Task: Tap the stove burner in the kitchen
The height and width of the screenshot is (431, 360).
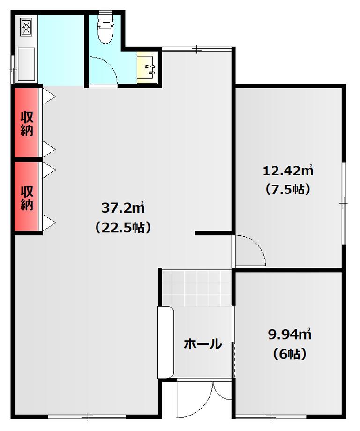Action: coord(26,27)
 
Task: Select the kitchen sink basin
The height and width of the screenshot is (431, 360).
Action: coord(26,64)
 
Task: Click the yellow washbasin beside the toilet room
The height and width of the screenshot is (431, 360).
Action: coord(147,67)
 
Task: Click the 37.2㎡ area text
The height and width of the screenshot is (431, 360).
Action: coord(123,208)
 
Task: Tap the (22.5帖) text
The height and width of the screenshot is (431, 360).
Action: coord(123,227)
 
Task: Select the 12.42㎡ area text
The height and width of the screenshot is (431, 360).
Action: coord(288,171)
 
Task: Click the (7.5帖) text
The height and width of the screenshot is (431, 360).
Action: coord(288,190)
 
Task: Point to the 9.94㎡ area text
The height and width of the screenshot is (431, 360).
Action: coord(289,334)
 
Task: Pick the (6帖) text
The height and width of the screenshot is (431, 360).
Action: coord(289,354)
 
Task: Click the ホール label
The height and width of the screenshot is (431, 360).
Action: coord(202,344)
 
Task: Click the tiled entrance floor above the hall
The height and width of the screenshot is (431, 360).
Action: coord(196,288)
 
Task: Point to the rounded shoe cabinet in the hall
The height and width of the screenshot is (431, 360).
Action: coord(166,342)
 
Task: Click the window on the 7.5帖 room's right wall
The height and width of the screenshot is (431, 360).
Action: coord(344,203)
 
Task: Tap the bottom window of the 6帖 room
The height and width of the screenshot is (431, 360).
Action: coord(271,416)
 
